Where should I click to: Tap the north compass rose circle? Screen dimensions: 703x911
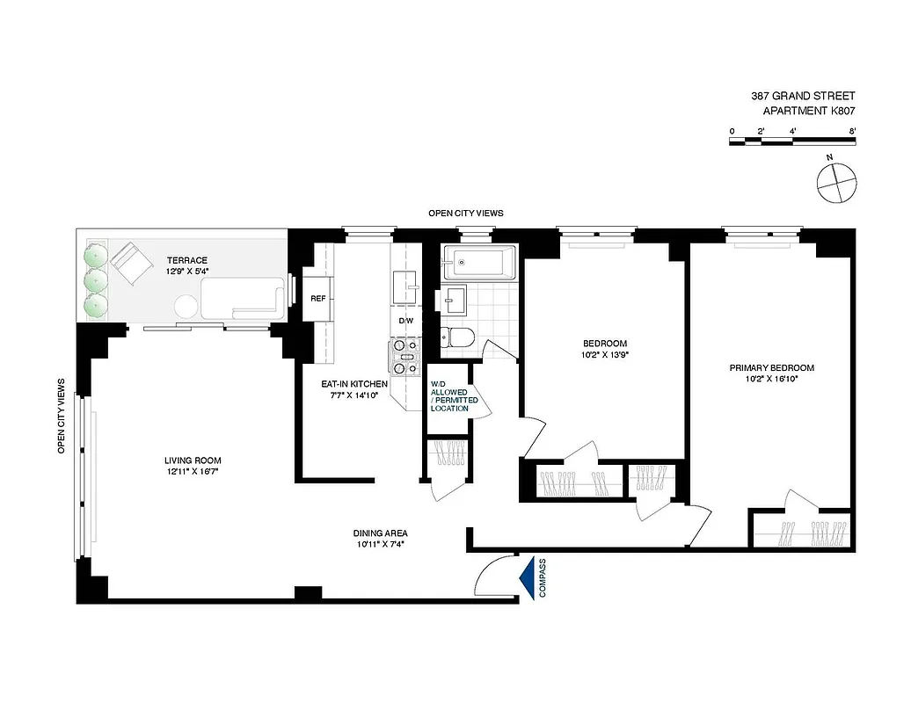pos(834,181)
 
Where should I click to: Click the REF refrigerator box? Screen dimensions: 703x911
pos(318,299)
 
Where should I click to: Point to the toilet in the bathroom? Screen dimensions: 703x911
pos(458,337)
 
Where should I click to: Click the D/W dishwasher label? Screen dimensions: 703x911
pos(405,321)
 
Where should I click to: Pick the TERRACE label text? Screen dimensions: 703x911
pos(187,260)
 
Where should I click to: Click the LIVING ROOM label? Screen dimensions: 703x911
pos(193,460)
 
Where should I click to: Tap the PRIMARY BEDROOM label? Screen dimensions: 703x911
pos(771,368)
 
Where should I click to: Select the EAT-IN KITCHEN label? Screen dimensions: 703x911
pos(353,384)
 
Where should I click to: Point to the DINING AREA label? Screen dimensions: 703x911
pos(380,533)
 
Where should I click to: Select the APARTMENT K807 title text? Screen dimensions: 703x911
pos(808,111)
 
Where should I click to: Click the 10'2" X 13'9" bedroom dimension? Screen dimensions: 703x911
pos(604,354)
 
